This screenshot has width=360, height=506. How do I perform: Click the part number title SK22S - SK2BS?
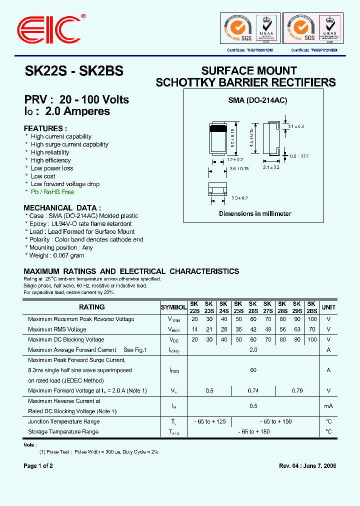pyautogui.click(x=73, y=71)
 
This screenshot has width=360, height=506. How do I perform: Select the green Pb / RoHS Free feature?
pyautogui.click(x=52, y=192)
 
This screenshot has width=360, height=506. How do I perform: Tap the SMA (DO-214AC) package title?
pyautogui.click(x=257, y=100)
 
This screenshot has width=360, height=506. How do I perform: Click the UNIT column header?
pyautogui.click(x=328, y=307)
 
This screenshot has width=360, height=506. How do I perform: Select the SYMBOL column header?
pyautogui.click(x=173, y=307)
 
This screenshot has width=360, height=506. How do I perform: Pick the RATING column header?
pyautogui.click(x=92, y=307)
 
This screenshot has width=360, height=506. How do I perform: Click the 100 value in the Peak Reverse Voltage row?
pyautogui.click(x=312, y=319)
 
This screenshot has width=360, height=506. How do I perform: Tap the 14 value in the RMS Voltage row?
pyautogui.click(x=195, y=329)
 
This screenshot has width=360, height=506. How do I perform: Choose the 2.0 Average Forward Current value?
pyautogui.click(x=253, y=350)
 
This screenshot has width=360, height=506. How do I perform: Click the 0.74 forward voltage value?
pyautogui.click(x=253, y=390)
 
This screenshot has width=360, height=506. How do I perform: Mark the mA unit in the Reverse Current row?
pyautogui.click(x=328, y=406)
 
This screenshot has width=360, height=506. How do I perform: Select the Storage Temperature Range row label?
pyautogui.click(x=63, y=431)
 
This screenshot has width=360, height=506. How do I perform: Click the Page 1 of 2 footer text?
pyautogui.click(x=38, y=466)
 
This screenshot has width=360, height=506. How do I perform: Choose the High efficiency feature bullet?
pyautogui.click(x=50, y=160)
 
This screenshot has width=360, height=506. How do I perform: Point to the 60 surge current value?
pyautogui.click(x=253, y=370)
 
